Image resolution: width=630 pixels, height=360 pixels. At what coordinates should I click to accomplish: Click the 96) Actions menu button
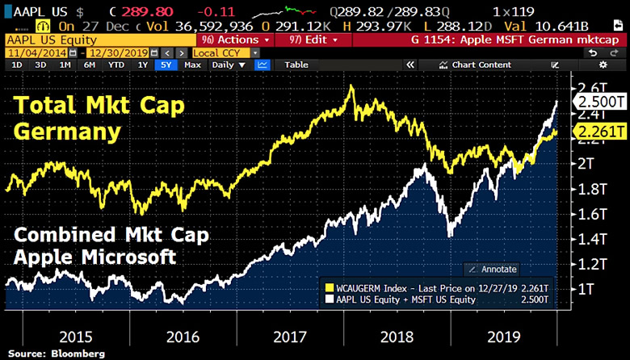pos(229,40)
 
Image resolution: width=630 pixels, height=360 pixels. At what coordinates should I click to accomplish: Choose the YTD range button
pos(116,65)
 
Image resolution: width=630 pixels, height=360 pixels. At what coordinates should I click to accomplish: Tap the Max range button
pos(192,65)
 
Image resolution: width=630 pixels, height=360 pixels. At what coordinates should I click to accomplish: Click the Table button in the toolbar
pos(296,65)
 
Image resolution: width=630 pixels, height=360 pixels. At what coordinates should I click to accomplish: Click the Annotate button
pos(495,269)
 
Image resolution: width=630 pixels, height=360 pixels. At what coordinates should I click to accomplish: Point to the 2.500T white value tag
pos(600,103)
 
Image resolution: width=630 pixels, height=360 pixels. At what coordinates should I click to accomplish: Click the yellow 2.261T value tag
pos(600,132)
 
